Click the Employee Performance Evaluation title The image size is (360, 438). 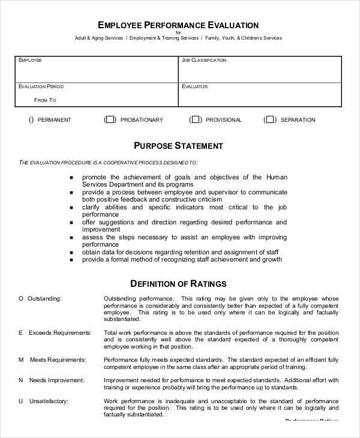[178, 25]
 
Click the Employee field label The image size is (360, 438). [31, 61]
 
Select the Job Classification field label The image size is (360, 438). [204, 61]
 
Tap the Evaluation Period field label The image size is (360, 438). [40, 86]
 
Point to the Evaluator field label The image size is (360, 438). [194, 86]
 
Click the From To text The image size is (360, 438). [46, 100]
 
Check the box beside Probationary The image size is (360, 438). [110, 120]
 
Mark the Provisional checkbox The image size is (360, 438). [195, 120]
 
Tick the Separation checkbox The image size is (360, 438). [269, 120]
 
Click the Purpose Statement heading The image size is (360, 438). [178, 146]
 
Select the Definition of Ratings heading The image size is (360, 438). [178, 283]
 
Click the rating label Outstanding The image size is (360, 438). [40, 298]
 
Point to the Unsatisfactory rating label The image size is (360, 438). [44, 401]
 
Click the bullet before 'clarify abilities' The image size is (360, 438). [71, 206]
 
